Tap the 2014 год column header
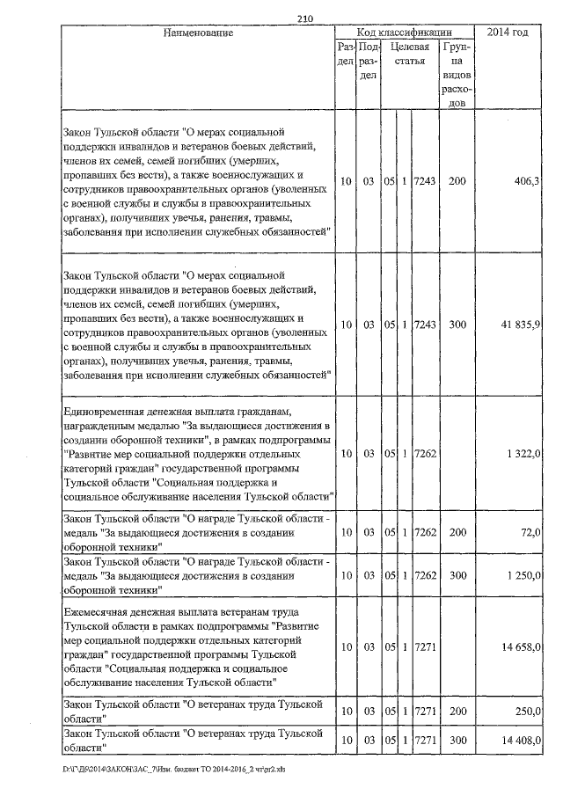pos(513,33)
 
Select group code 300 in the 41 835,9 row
pos(456,324)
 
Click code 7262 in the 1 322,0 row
pos(425,453)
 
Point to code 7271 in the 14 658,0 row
pos(425,646)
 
